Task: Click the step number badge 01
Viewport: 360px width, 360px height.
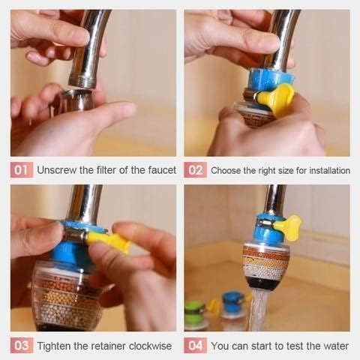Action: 22,170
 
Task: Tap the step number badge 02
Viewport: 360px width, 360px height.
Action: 195,170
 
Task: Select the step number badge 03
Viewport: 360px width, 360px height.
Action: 22,346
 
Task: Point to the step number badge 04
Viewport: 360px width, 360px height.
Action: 195,346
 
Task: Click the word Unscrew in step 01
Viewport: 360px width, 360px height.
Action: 58,170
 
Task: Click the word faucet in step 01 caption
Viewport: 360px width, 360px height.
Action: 158,170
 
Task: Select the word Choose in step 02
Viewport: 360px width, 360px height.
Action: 226,170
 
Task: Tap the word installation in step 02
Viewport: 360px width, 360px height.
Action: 325,170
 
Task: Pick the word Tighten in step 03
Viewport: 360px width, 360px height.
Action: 55,346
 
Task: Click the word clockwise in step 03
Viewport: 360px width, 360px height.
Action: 147,346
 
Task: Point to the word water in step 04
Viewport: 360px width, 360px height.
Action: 334,346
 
